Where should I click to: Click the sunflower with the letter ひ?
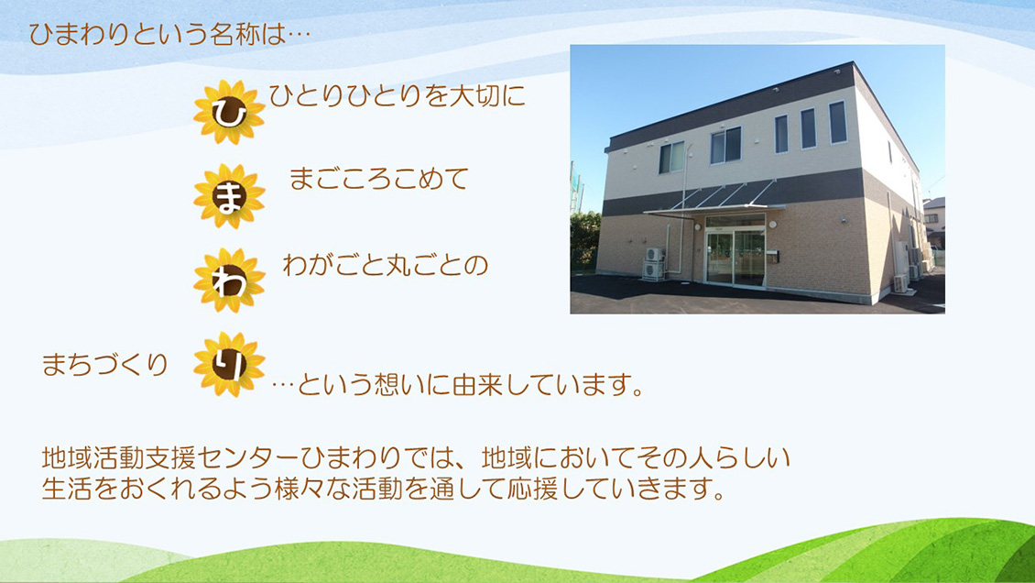click(229, 112)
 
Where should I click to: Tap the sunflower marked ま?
click(229, 196)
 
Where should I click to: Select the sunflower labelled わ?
click(229, 280)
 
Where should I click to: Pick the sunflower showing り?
click(229, 364)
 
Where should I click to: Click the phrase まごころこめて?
click(378, 179)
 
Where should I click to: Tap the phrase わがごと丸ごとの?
click(385, 265)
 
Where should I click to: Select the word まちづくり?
click(105, 365)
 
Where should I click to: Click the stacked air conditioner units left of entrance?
click(654, 263)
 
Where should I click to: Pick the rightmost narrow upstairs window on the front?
click(837, 122)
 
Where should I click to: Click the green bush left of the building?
click(584, 240)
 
